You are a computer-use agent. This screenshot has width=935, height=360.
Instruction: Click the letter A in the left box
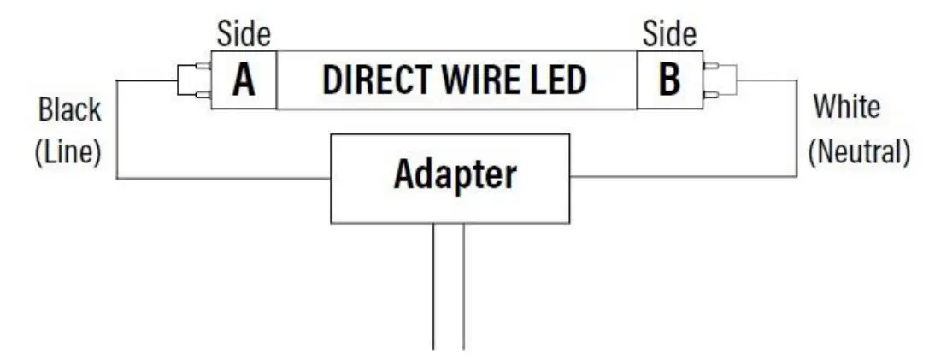[x=244, y=80]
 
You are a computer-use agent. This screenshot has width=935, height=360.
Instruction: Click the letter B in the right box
[x=669, y=80]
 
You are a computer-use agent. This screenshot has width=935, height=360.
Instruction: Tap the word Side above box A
[x=244, y=34]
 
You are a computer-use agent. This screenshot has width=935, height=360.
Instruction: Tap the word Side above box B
[x=669, y=34]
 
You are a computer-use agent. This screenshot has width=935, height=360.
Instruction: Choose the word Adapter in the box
[x=455, y=175]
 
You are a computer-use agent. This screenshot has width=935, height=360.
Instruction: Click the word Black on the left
[x=69, y=110]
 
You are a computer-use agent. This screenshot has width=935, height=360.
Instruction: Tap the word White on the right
[x=846, y=108]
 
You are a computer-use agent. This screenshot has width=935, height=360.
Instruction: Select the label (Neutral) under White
[x=859, y=151]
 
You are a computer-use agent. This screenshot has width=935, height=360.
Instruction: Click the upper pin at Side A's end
[x=204, y=65]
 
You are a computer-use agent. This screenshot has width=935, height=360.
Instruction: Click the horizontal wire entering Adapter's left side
[x=222, y=178]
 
